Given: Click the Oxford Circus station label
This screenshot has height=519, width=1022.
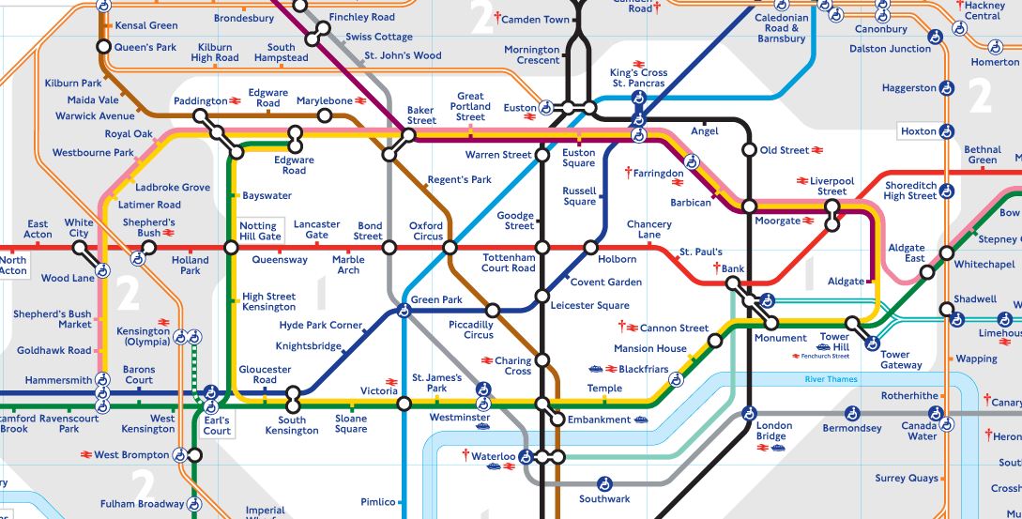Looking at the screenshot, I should tap(426, 231).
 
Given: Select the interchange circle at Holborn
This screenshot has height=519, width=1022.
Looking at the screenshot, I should tap(590, 248).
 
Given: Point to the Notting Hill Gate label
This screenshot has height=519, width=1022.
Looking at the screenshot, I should tap(259, 231).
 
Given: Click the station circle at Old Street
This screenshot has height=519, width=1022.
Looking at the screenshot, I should tap(749, 149).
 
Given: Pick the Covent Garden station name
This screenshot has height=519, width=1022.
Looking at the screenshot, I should tap(606, 282).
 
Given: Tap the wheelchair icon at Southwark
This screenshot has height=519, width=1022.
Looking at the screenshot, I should tap(605, 482).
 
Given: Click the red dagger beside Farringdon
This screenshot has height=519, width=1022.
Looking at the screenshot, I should tap(628, 173).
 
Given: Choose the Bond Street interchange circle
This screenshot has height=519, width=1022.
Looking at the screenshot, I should tap(389, 248).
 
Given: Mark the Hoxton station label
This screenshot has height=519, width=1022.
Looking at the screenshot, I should tap(919, 131).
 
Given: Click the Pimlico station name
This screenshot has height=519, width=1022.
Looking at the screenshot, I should tap(378, 502).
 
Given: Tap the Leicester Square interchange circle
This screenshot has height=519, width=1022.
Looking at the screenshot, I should tap(542, 297).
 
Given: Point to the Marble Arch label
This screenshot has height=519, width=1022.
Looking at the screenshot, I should tap(348, 265).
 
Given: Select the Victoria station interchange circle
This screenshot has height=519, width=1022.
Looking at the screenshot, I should tap(404, 404).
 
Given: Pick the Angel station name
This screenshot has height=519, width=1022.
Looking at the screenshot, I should tap(704, 131).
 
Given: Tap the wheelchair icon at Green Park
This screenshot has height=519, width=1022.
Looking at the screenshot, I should tap(404, 311).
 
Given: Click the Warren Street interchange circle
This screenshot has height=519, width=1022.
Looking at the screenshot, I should tap(542, 155).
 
